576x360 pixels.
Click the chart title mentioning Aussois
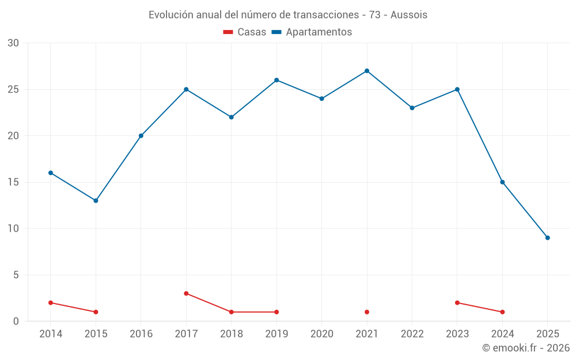point(288,15)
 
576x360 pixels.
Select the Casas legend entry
point(245,32)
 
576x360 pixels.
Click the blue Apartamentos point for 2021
point(367,71)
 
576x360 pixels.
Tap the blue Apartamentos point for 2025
point(547,238)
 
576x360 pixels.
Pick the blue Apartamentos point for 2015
point(96,200)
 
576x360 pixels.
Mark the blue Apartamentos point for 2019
point(276,80)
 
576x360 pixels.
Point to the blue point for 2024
point(502,182)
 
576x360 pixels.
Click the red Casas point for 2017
point(186,293)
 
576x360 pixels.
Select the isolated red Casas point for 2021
point(367,312)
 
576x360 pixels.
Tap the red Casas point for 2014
point(51,302)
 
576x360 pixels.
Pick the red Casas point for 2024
point(502,312)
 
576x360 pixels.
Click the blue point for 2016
point(141,136)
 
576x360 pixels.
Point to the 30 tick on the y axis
point(13,43)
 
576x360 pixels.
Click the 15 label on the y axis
point(13,182)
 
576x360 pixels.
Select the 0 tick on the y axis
point(16,321)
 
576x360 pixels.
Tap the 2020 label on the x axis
point(321,334)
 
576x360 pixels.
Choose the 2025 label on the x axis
point(547,334)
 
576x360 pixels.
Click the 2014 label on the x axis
point(51,334)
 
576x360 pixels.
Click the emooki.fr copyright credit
point(525,348)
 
